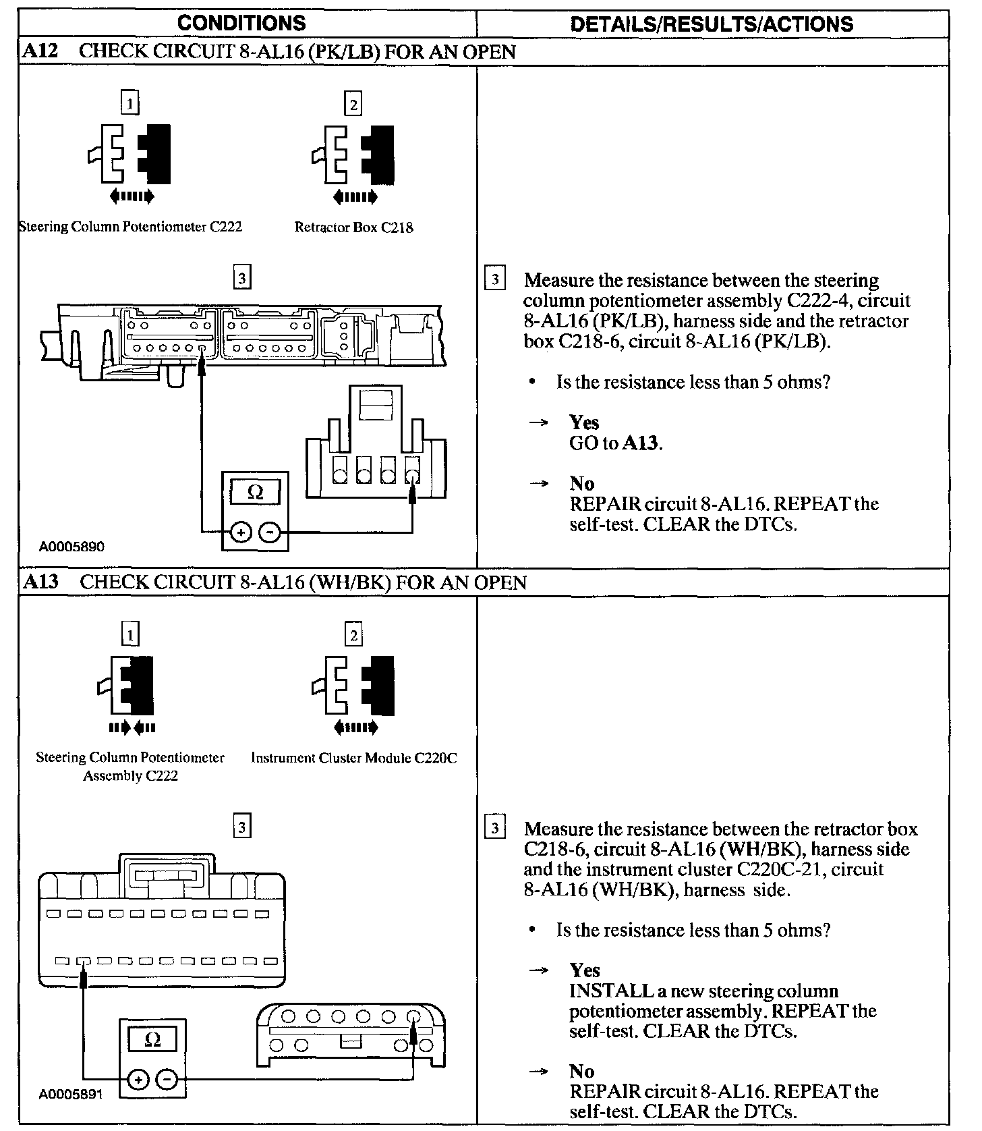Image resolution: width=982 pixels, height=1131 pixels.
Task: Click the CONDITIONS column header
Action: pos(241,24)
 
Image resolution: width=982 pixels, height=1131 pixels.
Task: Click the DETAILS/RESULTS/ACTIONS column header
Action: pos(712,24)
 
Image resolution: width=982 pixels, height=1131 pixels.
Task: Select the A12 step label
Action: pos(40,52)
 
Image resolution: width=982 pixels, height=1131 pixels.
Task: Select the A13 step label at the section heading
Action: pos(40,582)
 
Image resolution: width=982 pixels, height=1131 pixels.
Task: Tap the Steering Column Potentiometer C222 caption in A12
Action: pos(130,227)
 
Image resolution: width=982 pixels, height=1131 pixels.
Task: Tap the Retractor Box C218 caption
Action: pos(353,228)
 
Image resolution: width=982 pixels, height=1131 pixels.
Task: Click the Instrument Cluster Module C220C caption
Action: pos(353,758)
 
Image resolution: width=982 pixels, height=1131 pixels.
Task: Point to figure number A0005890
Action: pos(72,547)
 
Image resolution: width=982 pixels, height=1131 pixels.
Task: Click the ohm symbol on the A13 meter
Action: pos(152,1040)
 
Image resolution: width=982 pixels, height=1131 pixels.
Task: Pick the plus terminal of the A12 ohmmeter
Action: pos(240,532)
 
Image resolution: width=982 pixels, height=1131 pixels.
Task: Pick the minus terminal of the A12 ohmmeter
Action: pos(269,532)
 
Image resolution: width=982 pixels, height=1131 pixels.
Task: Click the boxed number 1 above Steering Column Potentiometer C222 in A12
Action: pos(130,103)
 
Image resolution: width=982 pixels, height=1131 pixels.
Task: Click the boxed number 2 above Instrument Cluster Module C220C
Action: pos(353,635)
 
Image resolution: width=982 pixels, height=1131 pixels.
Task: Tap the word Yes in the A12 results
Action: pos(584,423)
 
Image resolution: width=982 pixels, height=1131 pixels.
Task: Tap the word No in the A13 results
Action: pos(582,1072)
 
